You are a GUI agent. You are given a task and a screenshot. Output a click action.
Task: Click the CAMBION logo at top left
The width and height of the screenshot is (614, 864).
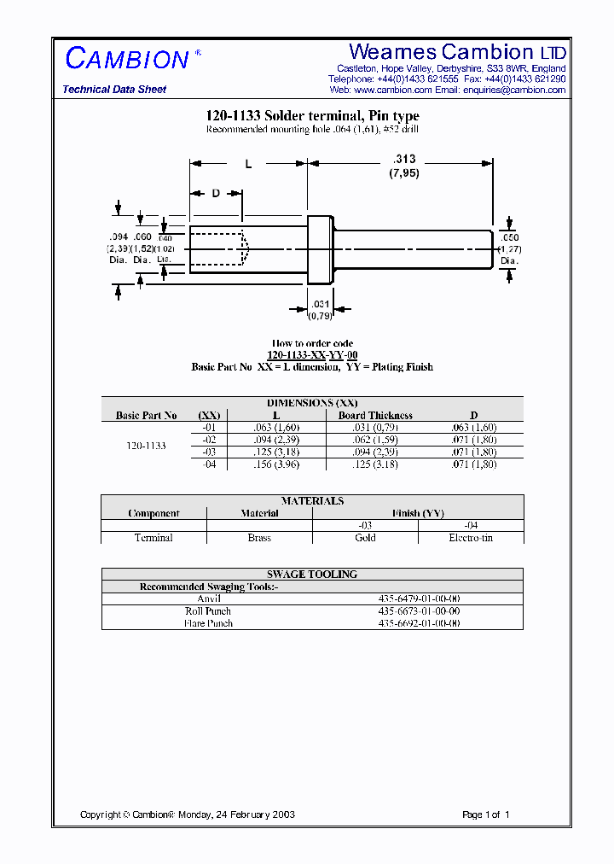pyautogui.click(x=128, y=58)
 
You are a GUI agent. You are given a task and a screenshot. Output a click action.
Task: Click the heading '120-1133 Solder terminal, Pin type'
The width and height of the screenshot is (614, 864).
pyautogui.click(x=313, y=116)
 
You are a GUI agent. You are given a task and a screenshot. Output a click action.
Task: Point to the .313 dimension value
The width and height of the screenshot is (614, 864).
pyautogui.click(x=405, y=159)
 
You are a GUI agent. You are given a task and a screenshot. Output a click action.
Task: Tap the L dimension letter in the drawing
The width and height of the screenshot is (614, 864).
pyautogui.click(x=248, y=164)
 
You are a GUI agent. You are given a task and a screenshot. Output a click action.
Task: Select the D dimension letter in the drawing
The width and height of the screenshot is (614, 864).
pyautogui.click(x=216, y=193)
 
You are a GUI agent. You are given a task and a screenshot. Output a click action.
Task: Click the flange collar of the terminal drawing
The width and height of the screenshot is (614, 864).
pyautogui.click(x=319, y=249)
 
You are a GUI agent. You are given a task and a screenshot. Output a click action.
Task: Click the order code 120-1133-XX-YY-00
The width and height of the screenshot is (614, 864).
pyautogui.click(x=312, y=355)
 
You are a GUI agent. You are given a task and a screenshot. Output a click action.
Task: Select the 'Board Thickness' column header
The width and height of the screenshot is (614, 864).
pyautogui.click(x=375, y=416)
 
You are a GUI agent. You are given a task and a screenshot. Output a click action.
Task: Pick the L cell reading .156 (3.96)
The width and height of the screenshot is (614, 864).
pyautogui.click(x=276, y=464)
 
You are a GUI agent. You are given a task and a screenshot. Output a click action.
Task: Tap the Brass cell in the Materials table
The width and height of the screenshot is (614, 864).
pyautogui.click(x=259, y=538)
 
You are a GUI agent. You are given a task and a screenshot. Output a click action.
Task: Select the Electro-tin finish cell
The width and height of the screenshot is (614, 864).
pyautogui.click(x=471, y=538)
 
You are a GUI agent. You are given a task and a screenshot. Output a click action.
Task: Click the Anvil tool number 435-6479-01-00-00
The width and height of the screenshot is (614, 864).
pyautogui.click(x=418, y=599)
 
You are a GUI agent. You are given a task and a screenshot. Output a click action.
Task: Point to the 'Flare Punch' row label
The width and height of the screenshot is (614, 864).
pyautogui.click(x=208, y=623)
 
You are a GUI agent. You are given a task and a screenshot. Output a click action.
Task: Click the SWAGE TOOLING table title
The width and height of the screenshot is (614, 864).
pyautogui.click(x=312, y=575)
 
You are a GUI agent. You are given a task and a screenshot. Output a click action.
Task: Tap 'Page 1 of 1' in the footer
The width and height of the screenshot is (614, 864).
pyautogui.click(x=485, y=814)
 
